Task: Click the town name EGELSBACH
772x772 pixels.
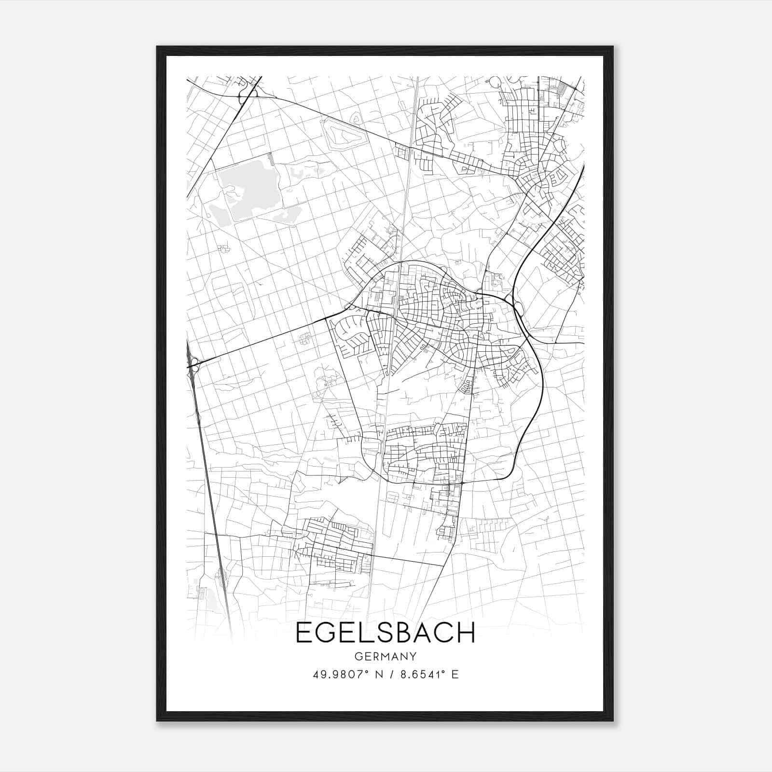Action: pos(385,633)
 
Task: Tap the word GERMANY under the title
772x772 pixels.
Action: pos(385,657)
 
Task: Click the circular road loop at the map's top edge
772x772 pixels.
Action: pos(495,82)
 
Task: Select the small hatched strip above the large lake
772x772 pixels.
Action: pos(271,159)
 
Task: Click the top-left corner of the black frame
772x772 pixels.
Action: pos(157,47)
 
